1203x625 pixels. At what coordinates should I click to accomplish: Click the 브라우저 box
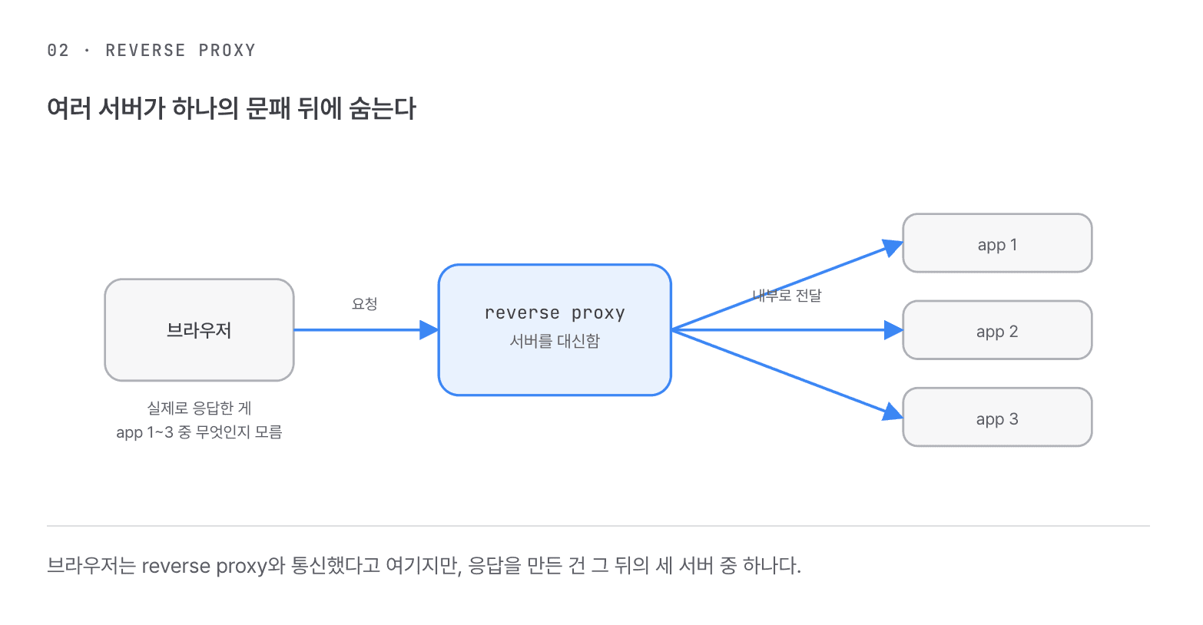199,329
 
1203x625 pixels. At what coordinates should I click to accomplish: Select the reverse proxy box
555,329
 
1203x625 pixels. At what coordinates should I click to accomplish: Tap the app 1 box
997,243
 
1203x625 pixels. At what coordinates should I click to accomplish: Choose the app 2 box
997,330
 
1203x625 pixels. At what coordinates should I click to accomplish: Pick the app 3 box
997,417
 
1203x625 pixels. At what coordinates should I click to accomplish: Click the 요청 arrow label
365,304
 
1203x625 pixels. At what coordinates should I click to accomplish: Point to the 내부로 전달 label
787,296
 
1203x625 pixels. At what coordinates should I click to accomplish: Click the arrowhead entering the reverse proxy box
429,329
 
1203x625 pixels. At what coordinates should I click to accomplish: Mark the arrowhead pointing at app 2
893,330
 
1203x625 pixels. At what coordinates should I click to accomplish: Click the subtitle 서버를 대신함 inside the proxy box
555,341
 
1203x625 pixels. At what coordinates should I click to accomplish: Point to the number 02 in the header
58,51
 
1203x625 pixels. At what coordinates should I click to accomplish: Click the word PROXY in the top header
227,51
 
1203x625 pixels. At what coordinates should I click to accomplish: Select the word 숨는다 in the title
383,108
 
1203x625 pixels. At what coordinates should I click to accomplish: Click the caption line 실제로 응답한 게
199,408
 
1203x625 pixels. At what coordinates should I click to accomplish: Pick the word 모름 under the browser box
268,432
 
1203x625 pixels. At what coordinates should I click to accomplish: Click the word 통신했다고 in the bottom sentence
336,565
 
